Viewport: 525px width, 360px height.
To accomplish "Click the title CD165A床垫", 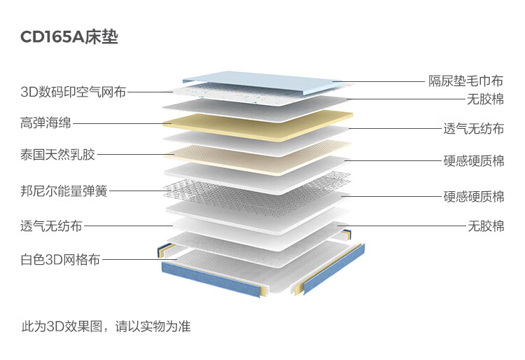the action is pyautogui.click(x=69, y=37).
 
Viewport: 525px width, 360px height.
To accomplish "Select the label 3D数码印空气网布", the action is pyautogui.click(x=73, y=92).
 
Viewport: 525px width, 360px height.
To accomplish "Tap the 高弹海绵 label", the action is pyautogui.click(x=46, y=124).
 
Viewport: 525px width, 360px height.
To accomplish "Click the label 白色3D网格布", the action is pyautogui.click(x=60, y=260).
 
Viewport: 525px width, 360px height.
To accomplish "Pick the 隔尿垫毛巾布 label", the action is pyautogui.click(x=465, y=81).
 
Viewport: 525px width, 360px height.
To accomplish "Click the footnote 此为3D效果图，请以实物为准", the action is pyautogui.click(x=106, y=326).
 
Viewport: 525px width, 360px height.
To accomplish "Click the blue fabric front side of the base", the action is pyautogui.click(x=210, y=280).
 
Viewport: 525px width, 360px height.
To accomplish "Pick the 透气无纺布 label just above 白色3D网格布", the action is pyautogui.click(x=51, y=226).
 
